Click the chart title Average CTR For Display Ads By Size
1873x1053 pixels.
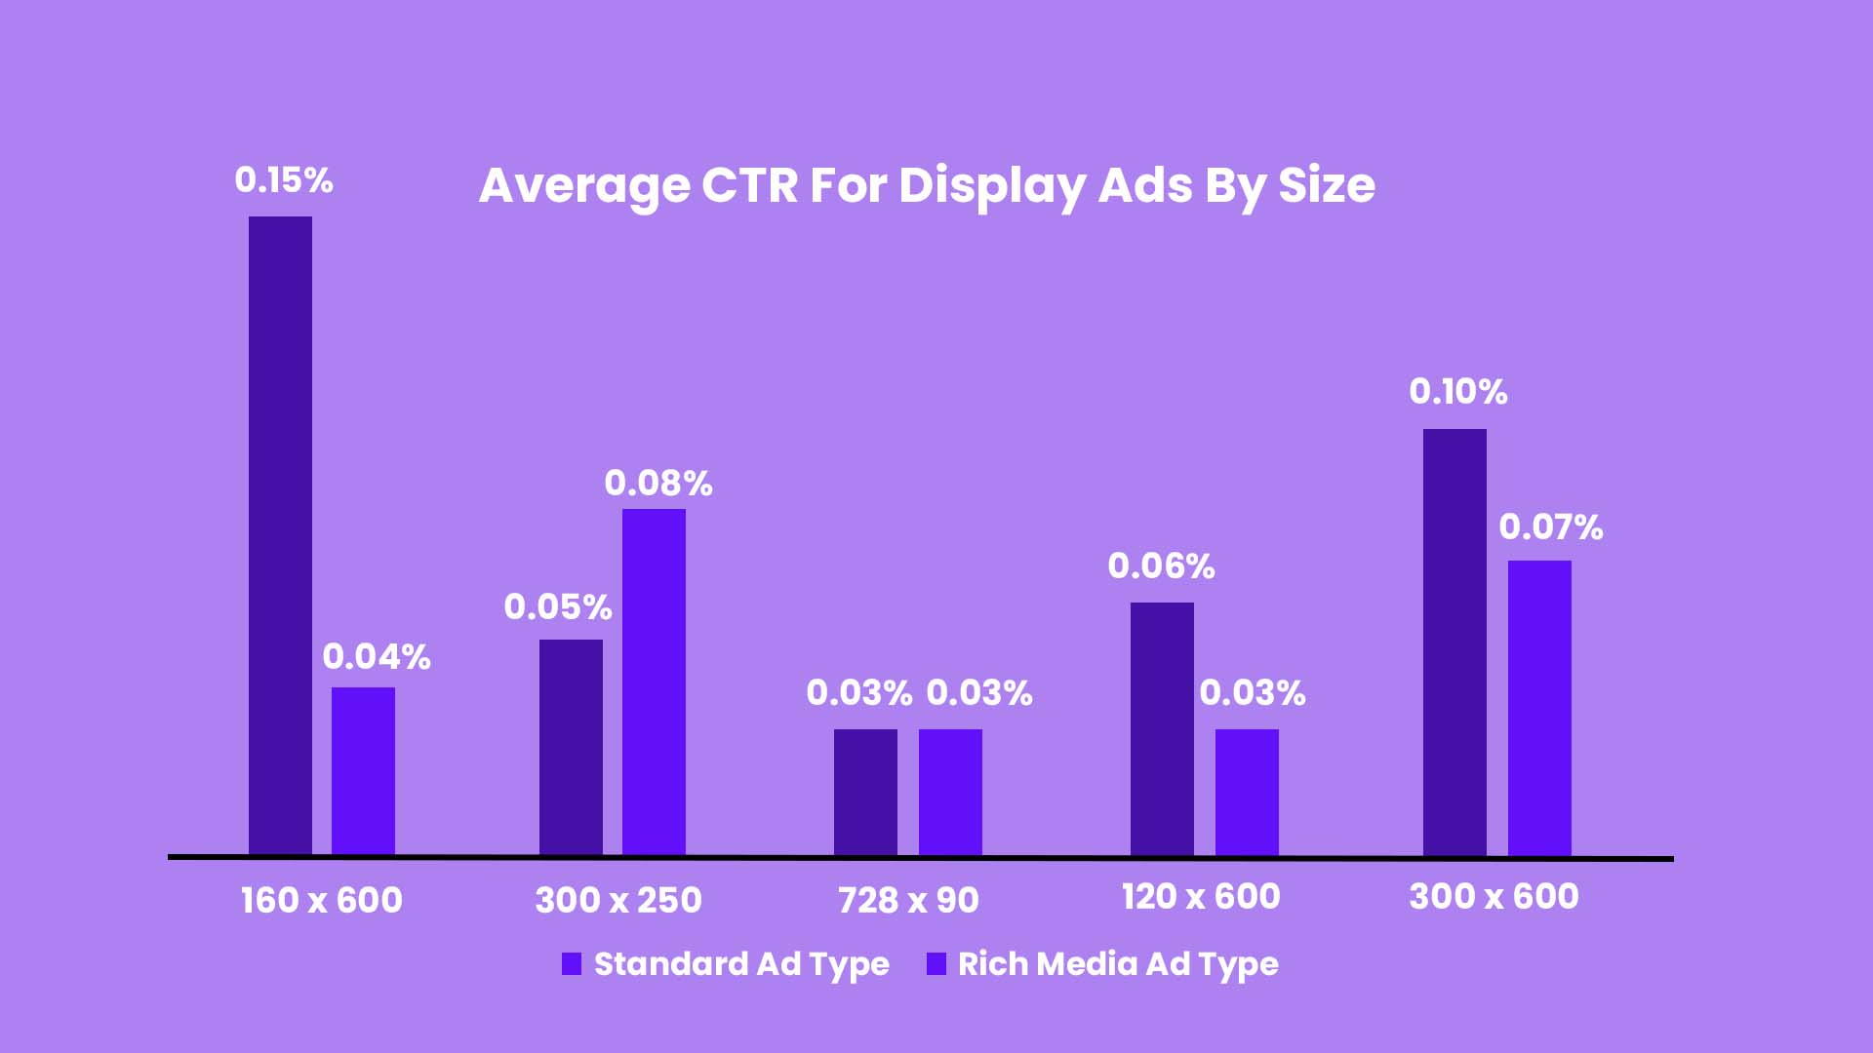point(927,185)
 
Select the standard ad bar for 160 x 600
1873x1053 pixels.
point(280,536)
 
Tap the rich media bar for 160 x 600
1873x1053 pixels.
point(363,771)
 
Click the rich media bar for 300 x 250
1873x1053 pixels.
point(654,682)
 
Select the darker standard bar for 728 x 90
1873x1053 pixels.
point(865,793)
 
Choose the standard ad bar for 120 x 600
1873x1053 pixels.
point(1162,729)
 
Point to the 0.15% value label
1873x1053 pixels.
point(284,180)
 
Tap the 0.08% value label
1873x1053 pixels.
point(658,484)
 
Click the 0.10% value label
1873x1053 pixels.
point(1458,392)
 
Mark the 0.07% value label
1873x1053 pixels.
point(1551,527)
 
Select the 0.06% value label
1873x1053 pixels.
point(1161,566)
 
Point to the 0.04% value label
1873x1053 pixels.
point(377,657)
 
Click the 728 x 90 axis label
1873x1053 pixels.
point(908,900)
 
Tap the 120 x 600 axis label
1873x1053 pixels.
point(1201,897)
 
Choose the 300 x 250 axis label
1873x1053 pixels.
point(618,900)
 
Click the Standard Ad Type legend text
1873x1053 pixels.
point(741,964)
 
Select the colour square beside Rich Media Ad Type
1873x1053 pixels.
point(936,964)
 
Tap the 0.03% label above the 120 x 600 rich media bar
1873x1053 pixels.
point(1253,693)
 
